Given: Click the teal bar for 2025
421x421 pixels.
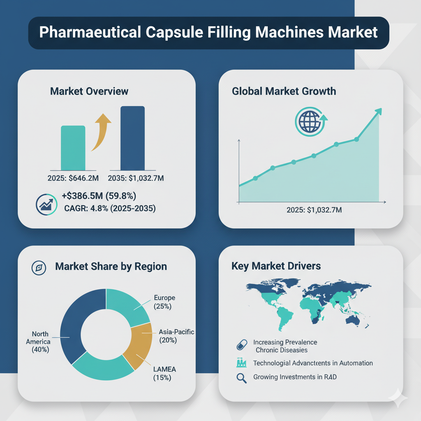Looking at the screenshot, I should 73,148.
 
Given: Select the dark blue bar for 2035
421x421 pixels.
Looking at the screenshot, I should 132,138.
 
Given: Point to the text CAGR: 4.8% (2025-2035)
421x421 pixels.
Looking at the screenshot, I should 110,208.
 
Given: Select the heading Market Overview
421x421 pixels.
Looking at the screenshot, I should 89,91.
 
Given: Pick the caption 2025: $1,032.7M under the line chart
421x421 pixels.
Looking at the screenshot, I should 314,210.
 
